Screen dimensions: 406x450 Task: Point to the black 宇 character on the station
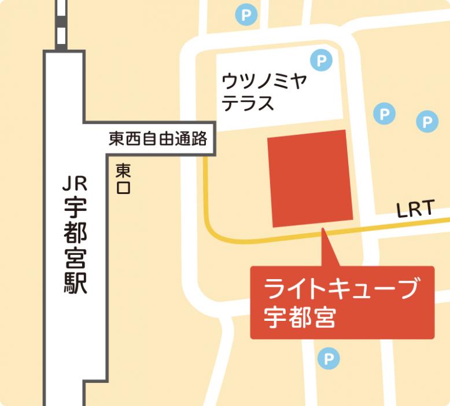[75, 207]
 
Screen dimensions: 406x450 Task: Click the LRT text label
[415, 210]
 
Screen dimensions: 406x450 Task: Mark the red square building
[310, 178]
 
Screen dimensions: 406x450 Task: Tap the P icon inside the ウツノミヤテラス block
[321, 60]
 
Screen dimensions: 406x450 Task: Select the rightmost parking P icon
[427, 122]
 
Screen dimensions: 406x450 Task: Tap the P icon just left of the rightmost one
[384, 114]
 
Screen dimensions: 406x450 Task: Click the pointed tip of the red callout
[323, 231]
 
